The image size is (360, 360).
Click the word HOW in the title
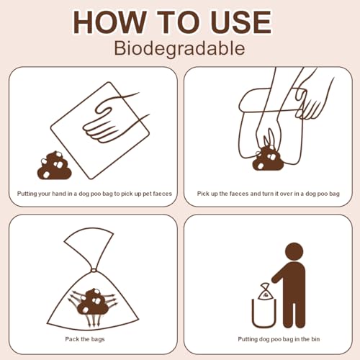tap(109, 22)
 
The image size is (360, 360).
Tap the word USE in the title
tap(241, 22)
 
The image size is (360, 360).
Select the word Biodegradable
tap(179, 48)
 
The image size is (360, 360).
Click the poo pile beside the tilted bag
tap(55, 166)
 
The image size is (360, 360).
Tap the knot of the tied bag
tap(94, 270)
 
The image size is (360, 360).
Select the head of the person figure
tap(294, 251)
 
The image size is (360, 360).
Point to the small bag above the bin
tap(264, 292)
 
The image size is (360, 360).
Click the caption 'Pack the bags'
tap(85, 339)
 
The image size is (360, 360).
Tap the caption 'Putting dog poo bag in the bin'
tap(279, 339)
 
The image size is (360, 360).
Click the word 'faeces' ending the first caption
tap(162, 194)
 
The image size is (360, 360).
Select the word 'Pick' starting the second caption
tap(202, 194)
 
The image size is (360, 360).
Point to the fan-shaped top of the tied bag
tap(89, 246)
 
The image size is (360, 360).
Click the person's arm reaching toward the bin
tap(279, 274)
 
